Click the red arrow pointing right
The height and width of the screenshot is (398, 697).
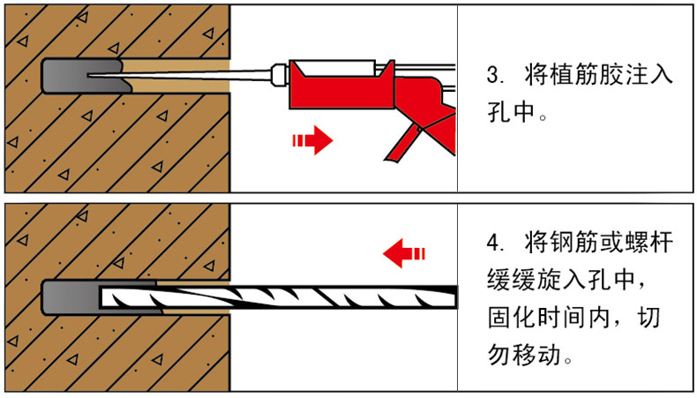point(312,140)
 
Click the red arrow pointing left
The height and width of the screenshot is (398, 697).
point(403,253)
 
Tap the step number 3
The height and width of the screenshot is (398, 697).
point(492,75)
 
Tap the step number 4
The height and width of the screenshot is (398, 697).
point(493,244)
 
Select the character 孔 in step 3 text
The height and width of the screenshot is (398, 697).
point(498,111)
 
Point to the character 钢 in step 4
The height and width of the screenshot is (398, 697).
point(561,243)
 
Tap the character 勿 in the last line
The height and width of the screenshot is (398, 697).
point(499,355)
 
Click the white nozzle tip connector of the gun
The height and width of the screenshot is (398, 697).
point(279,74)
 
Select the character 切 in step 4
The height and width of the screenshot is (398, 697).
point(648,318)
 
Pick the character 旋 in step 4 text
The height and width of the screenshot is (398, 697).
point(550,280)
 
